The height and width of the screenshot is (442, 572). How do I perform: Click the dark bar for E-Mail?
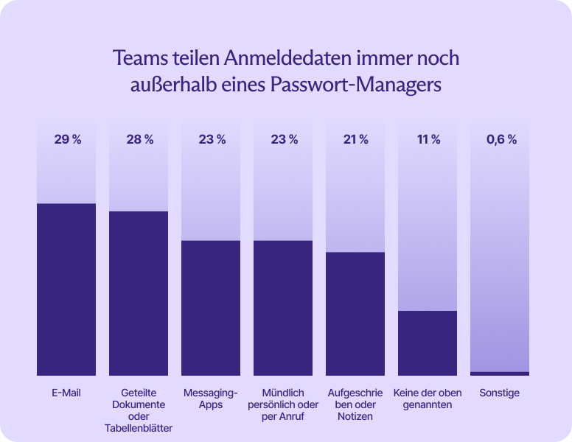pyautogui.click(x=66, y=290)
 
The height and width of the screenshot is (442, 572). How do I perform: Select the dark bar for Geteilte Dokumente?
pyautogui.click(x=139, y=293)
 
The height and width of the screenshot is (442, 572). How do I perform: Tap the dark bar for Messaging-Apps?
pyautogui.click(x=211, y=308)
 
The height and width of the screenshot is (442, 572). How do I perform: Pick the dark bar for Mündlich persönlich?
pyautogui.click(x=283, y=308)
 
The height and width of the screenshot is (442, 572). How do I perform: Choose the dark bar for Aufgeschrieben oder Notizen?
pyautogui.click(x=355, y=314)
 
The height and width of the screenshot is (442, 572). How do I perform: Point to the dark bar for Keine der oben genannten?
pyautogui.click(x=428, y=343)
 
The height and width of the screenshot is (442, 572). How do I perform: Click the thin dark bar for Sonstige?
pyautogui.click(x=500, y=373)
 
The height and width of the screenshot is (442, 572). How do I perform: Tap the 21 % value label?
pyautogui.click(x=355, y=140)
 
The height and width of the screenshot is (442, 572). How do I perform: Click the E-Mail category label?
pyautogui.click(x=66, y=393)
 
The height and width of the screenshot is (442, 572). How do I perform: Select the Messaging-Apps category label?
pyautogui.click(x=211, y=399)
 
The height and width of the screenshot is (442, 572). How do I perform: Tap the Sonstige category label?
pyautogui.click(x=500, y=393)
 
